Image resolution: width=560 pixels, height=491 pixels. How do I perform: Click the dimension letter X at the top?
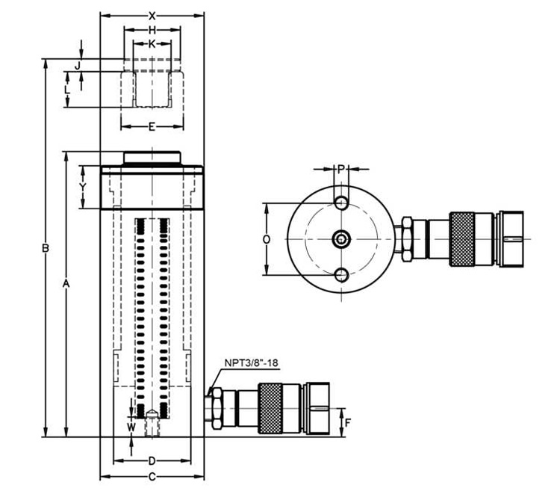point(152,15)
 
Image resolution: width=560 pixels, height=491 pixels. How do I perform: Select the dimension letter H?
point(152,30)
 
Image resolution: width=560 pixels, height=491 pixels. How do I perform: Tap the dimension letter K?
point(152,44)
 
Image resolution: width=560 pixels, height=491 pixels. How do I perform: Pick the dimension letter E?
point(152,126)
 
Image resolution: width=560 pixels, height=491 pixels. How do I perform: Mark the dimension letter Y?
point(83,186)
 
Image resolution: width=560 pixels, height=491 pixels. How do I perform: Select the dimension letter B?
point(46,247)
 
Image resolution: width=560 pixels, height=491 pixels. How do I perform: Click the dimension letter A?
point(66,284)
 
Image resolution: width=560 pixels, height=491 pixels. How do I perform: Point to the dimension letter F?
point(347,422)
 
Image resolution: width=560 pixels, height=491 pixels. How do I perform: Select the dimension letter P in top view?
point(340,169)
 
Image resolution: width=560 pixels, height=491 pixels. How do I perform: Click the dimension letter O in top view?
point(267,238)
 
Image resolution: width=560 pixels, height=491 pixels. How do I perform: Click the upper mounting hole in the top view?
point(340,203)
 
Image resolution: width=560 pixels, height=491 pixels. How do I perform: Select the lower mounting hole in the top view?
point(340,275)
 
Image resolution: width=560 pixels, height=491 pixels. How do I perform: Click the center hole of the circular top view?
point(340,239)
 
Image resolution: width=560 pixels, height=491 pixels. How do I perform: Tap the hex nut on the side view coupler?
point(214,410)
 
